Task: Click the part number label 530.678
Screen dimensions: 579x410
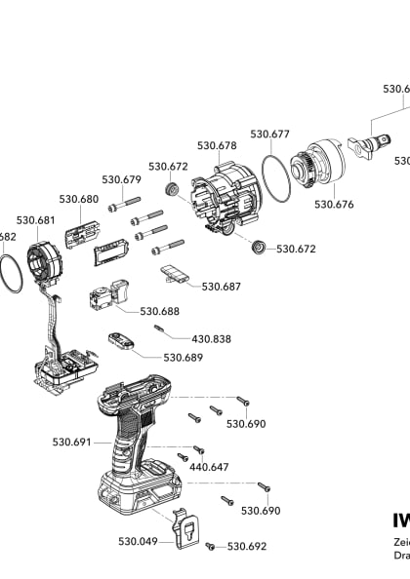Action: (217, 145)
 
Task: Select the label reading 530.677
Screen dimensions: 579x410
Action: (270, 134)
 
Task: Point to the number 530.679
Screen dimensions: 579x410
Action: (122, 179)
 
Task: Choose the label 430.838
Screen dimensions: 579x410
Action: (211, 338)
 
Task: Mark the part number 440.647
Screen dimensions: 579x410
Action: (209, 467)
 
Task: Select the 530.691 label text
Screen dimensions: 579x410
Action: (72, 442)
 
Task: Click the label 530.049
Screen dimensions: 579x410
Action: (138, 540)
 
